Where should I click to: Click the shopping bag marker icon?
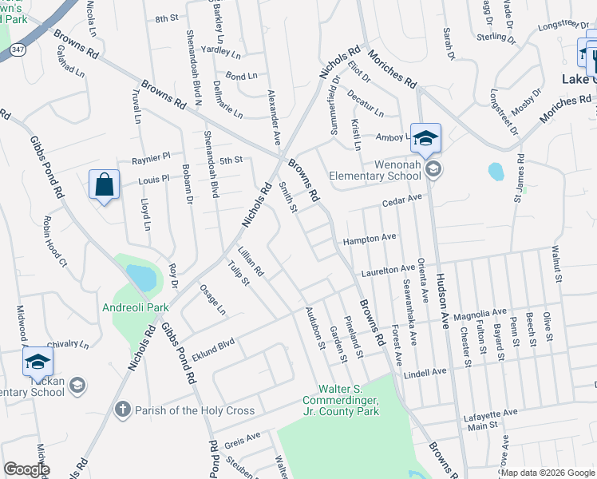[x=105, y=185]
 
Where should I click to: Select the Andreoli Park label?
[x=135, y=307]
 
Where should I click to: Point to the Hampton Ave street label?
[x=370, y=238]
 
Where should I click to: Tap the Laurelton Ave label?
[x=388, y=271]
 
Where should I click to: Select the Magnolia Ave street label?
[x=480, y=313]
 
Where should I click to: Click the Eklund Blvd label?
[x=212, y=349]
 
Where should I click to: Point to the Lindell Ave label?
[x=425, y=373]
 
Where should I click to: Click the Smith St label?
[x=287, y=197]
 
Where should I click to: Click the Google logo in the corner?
[x=26, y=469]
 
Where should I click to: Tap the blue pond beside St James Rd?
[x=496, y=171]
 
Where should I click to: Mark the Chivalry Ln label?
[x=73, y=345]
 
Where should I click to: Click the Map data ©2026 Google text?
[x=548, y=473]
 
